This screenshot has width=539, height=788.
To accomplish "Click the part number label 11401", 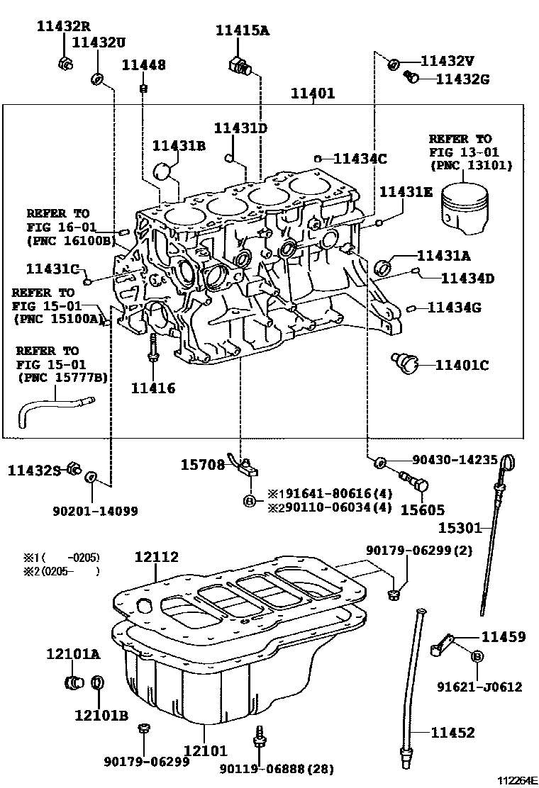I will pos(313,94).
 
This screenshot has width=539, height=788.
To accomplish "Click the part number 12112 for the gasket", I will pos(157,558).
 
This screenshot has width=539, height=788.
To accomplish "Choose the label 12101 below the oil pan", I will pos(206,750).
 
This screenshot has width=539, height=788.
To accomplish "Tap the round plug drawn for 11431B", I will pos(164,171).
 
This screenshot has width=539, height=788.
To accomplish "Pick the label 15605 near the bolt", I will pos(423,510).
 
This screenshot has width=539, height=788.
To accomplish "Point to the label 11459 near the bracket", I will pos(504,637).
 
